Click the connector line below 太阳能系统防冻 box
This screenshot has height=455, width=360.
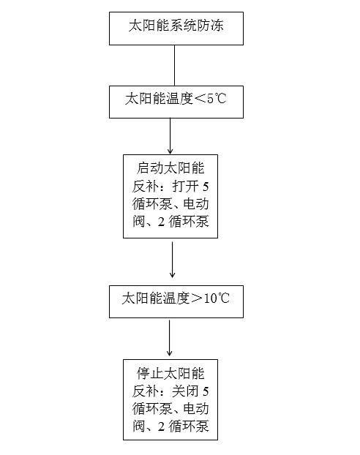click(174, 65)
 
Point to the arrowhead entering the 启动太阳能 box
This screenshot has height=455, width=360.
click(170, 151)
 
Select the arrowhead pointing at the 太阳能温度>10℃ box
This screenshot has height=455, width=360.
click(172, 274)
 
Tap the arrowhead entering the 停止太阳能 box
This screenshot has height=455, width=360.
click(170, 353)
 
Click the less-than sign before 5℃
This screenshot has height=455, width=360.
click(200, 99)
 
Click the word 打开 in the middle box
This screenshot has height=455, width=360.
click(186, 187)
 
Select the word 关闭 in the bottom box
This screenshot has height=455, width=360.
click(186, 391)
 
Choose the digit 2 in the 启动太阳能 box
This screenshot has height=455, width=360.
click(161, 222)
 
